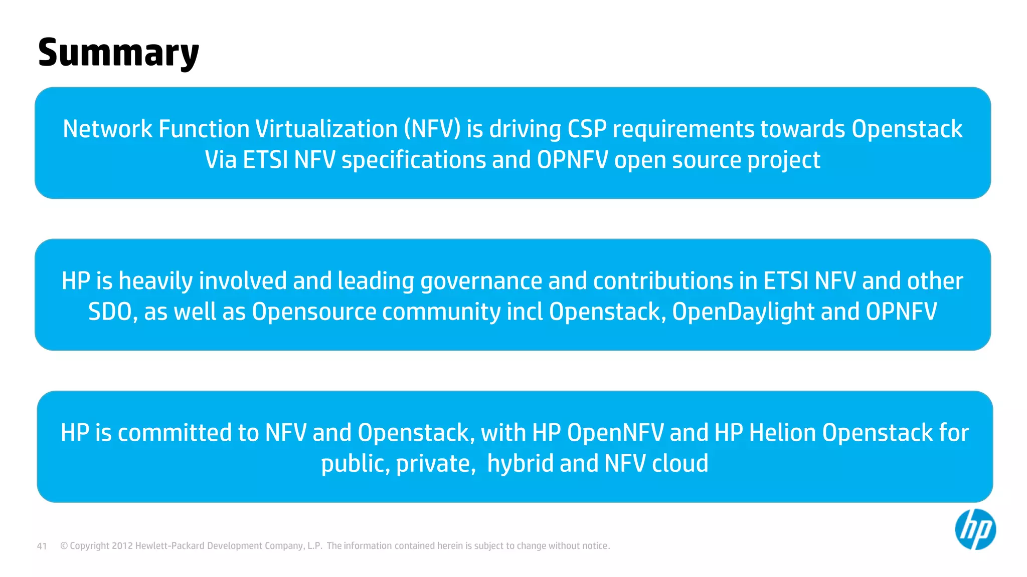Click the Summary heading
tap(118, 53)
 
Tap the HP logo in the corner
tap(975, 529)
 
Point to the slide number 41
tap(42, 546)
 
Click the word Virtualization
tap(326, 129)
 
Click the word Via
tap(221, 160)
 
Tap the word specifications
tap(414, 160)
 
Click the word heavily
tap(156, 281)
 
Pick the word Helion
tap(782, 433)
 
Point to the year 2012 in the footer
tap(122, 546)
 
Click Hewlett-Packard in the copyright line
tap(169, 546)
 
